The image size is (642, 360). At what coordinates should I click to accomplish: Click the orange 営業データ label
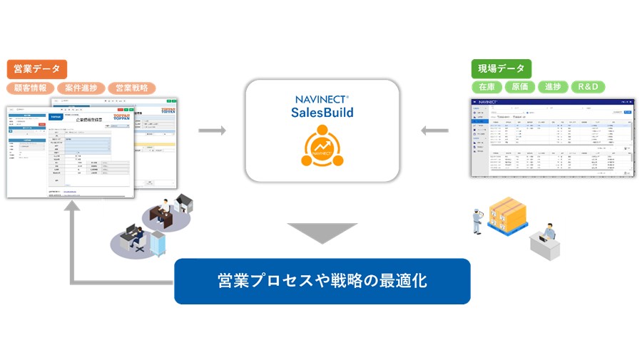point(37,69)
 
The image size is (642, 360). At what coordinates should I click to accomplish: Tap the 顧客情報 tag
point(31,88)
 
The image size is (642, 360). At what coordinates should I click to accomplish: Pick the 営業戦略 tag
point(131,88)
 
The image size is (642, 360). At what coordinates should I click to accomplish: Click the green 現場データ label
point(501,68)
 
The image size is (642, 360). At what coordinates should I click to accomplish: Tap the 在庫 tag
point(487,87)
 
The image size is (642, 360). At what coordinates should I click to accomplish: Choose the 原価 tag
point(520,87)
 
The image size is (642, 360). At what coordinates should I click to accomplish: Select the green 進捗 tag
point(553,87)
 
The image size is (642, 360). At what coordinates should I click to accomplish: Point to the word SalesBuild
point(322,113)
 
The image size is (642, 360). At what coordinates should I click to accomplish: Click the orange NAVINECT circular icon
point(322,146)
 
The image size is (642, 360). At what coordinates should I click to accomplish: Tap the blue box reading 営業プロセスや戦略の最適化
point(322,281)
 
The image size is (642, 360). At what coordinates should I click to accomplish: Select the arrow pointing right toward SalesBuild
point(212,130)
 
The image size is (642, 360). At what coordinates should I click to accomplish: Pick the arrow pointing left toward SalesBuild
point(434,130)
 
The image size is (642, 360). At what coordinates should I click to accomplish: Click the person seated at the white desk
point(548,235)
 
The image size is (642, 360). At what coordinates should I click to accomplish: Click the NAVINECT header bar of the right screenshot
point(552,103)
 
